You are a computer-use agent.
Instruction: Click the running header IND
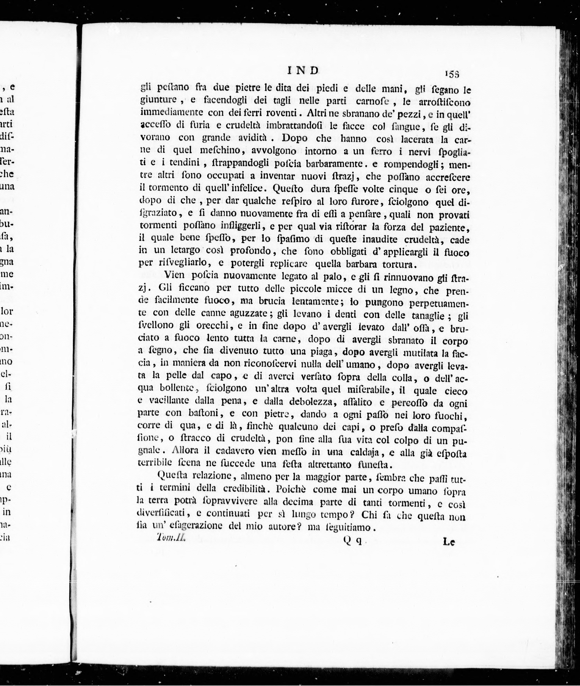303,70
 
